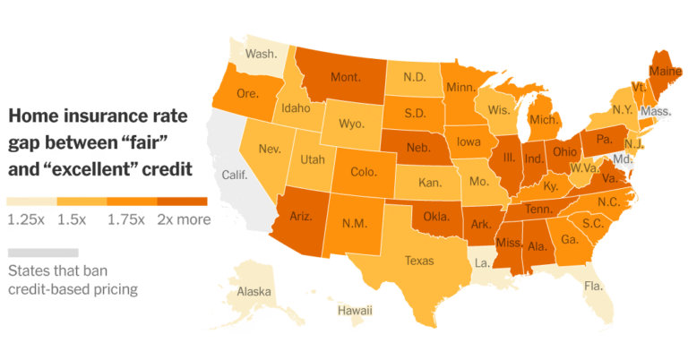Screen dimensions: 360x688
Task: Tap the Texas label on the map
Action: tap(419, 261)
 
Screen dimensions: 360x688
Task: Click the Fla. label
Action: tap(592, 287)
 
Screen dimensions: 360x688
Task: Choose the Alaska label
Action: tap(254, 292)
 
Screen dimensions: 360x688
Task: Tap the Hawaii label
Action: tap(355, 311)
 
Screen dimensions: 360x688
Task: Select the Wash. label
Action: tap(261, 54)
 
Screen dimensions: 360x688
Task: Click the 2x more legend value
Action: tap(183, 219)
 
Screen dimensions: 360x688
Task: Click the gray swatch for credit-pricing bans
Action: tap(42, 253)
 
